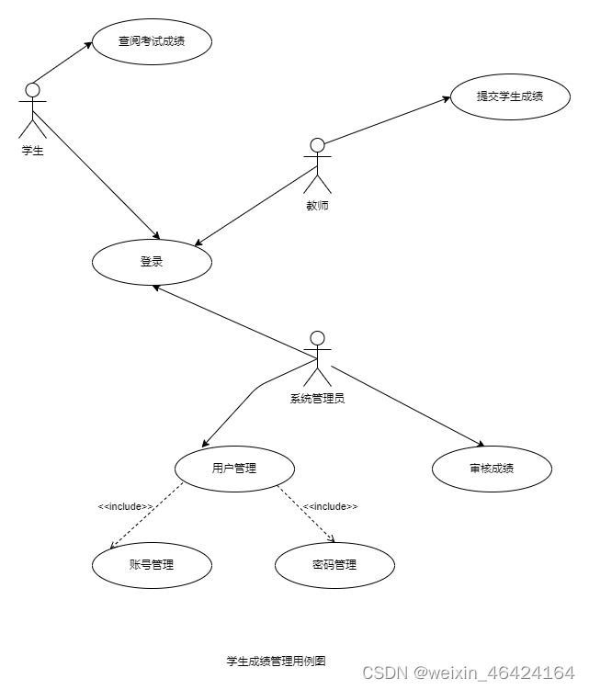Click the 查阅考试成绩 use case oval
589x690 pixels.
coord(152,40)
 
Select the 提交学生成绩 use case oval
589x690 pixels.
coord(510,96)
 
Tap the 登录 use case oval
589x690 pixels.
coord(152,262)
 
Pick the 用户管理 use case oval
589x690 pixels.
coord(234,469)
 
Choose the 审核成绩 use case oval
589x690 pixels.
coord(492,469)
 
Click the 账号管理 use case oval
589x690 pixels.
coord(152,565)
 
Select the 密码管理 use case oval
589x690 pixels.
coord(334,565)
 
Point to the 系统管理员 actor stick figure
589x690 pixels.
coord(317,358)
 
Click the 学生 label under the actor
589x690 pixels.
coord(32,151)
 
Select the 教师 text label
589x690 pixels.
coord(317,206)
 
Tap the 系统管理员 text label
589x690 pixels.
coord(317,399)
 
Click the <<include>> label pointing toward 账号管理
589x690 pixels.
coord(125,506)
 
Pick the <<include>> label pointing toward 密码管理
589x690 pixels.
coord(330,506)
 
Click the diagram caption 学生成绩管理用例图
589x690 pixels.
coord(276,661)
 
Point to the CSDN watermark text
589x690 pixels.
coord(469,673)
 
